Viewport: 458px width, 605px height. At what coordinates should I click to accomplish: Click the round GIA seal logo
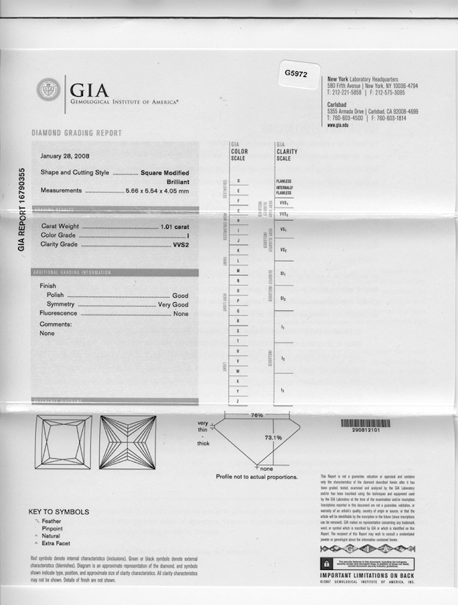[48, 90]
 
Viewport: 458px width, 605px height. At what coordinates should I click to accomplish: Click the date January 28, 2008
[65, 156]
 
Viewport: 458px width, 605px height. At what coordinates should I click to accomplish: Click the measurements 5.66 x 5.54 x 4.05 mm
[157, 191]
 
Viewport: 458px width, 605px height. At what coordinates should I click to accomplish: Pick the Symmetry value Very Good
[172, 304]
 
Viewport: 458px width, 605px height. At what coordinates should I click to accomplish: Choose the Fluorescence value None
[180, 313]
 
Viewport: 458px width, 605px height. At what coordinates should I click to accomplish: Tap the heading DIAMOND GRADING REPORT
[76, 133]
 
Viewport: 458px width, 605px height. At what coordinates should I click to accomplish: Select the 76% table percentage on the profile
[257, 415]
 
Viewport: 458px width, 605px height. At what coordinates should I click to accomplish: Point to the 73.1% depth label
[273, 438]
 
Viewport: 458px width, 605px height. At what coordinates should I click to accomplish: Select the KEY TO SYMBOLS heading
[59, 512]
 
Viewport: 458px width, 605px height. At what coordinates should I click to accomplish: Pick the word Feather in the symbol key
[51, 521]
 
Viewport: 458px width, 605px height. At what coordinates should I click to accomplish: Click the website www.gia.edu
[338, 125]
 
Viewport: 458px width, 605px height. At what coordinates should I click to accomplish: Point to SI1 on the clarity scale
[283, 274]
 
